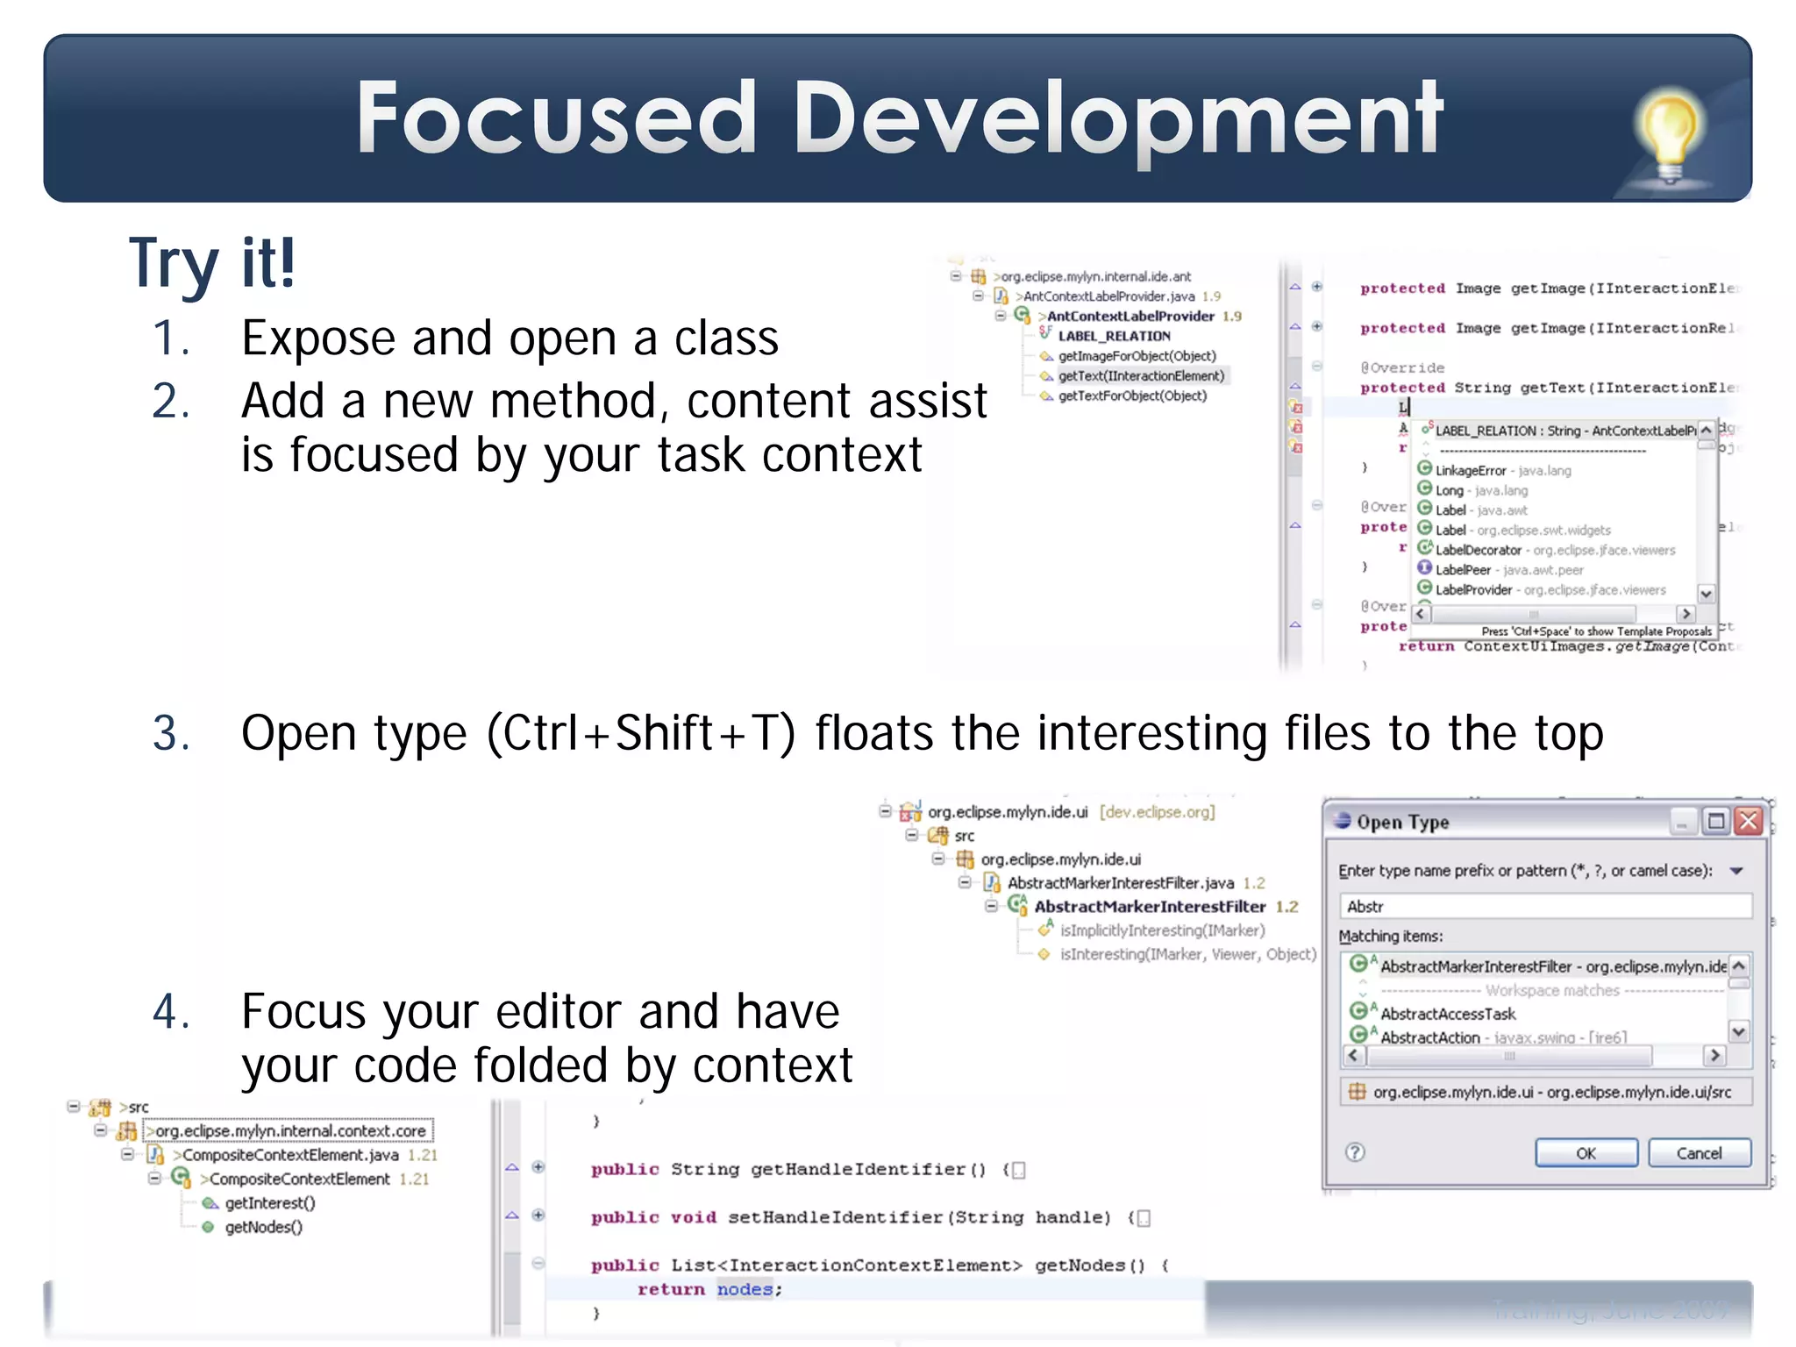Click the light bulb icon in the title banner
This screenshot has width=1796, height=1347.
pyautogui.click(x=1670, y=132)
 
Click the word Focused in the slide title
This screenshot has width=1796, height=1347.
pyautogui.click(x=555, y=118)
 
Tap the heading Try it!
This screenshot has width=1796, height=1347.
pyautogui.click(x=212, y=262)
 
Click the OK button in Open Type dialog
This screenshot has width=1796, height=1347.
pyautogui.click(x=1586, y=1153)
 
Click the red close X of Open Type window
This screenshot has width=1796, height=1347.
pyautogui.click(x=1749, y=821)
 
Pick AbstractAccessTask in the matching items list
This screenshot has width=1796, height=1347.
pyautogui.click(x=1448, y=1014)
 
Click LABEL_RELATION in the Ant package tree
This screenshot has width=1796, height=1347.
pyautogui.click(x=1114, y=336)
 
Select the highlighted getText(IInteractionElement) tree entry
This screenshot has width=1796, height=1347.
pyautogui.click(x=1140, y=375)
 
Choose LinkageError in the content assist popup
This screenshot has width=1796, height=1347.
pyautogui.click(x=1470, y=470)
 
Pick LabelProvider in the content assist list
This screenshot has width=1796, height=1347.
pyautogui.click(x=1473, y=589)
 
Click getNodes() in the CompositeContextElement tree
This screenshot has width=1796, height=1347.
pyautogui.click(x=263, y=1227)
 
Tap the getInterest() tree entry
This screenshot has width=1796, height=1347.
pyautogui.click(x=269, y=1203)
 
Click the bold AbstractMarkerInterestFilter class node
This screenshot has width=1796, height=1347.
pyautogui.click(x=1149, y=907)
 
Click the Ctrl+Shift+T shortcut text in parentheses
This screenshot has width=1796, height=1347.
pyautogui.click(x=641, y=733)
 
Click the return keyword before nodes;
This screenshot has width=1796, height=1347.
pyautogui.click(x=671, y=1289)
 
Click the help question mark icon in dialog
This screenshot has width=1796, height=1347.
pyautogui.click(x=1355, y=1152)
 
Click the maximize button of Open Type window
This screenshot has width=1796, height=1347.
pyautogui.click(x=1715, y=821)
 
